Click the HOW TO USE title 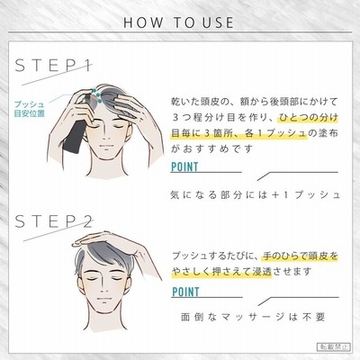click(x=178, y=22)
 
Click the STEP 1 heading click(x=53, y=66)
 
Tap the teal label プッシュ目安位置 click(x=30, y=109)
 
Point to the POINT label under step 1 click(x=184, y=166)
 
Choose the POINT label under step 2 click(x=185, y=292)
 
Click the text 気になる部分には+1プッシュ click(x=256, y=195)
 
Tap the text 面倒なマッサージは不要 click(x=254, y=317)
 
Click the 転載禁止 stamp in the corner click(x=333, y=346)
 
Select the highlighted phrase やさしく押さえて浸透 click(x=221, y=272)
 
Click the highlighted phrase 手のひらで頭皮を click(x=301, y=256)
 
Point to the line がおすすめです click(x=211, y=148)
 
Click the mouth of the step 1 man click(x=105, y=146)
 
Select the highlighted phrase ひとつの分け click(x=308, y=117)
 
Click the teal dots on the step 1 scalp click(x=95, y=95)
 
